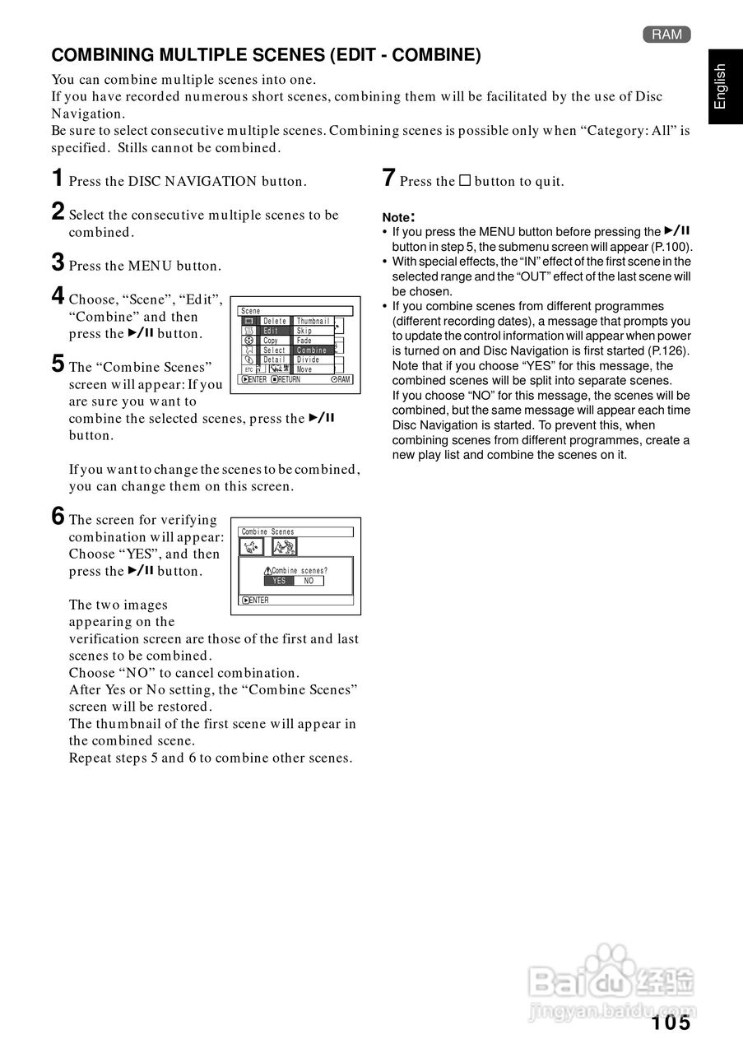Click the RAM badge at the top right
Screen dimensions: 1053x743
(666, 34)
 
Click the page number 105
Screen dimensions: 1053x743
(671, 1023)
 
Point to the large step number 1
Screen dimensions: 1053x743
(58, 178)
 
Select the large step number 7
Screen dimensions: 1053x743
(389, 178)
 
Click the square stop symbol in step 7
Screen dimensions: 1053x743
(464, 181)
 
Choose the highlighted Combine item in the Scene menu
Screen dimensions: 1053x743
(313, 350)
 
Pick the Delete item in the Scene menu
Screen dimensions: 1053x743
(275, 321)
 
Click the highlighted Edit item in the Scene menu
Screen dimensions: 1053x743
(272, 331)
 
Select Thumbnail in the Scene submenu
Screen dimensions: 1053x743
(313, 321)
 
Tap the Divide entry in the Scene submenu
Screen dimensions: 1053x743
(309, 360)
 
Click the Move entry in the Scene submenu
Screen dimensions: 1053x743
(304, 370)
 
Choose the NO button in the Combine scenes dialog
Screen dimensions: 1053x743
(309, 581)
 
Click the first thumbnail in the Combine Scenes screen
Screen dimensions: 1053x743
(252, 547)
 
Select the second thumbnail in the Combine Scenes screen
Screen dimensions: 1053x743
(284, 547)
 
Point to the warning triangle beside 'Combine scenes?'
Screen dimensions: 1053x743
(267, 571)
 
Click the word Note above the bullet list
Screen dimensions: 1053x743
(397, 217)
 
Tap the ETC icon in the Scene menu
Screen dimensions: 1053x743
(249, 370)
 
